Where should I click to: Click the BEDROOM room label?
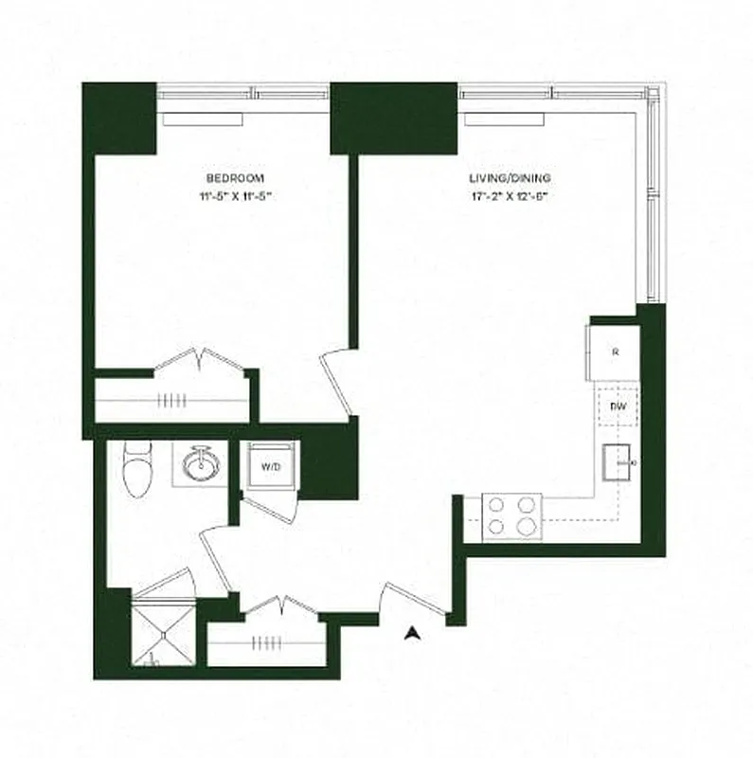234,178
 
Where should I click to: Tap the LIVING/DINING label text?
510,178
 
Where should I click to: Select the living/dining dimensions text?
510,197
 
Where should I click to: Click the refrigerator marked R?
615,352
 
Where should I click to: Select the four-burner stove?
511,516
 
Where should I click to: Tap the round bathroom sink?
201,465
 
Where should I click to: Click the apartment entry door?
407,601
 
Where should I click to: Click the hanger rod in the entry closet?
263,642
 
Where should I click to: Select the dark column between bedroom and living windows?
393,118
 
